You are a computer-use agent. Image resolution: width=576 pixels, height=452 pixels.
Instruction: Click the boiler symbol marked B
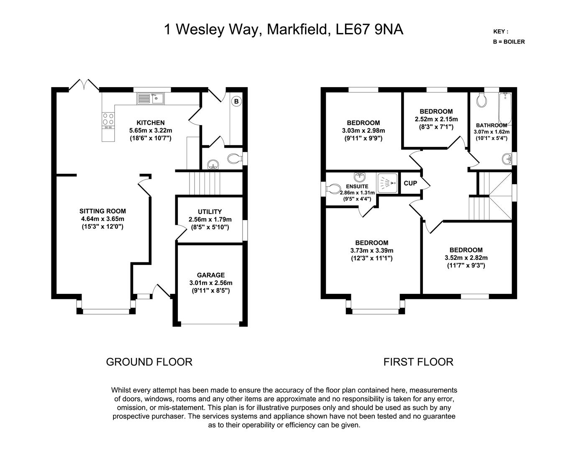point(236,101)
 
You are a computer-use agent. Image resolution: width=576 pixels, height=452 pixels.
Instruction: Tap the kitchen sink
point(151,99)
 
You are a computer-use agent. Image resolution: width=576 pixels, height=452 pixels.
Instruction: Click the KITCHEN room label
point(151,123)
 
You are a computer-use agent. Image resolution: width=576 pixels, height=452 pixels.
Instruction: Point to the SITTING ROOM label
point(103,211)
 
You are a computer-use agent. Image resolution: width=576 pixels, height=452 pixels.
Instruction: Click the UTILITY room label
point(210,212)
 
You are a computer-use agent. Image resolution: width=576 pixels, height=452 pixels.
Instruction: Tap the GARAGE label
point(211,275)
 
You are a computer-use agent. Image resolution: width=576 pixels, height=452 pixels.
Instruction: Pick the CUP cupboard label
point(410,183)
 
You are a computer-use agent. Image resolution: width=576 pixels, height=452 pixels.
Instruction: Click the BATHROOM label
point(492,125)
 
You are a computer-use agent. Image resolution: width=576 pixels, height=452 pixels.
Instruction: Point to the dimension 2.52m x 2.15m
point(436,119)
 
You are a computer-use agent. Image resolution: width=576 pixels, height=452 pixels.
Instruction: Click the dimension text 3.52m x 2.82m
point(466,258)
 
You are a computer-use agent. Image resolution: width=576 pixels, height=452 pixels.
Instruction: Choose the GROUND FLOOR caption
point(149,362)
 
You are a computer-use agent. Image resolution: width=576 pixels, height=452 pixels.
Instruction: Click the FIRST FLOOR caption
point(418,362)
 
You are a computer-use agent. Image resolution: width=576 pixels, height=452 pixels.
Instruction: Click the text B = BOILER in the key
point(509,42)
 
